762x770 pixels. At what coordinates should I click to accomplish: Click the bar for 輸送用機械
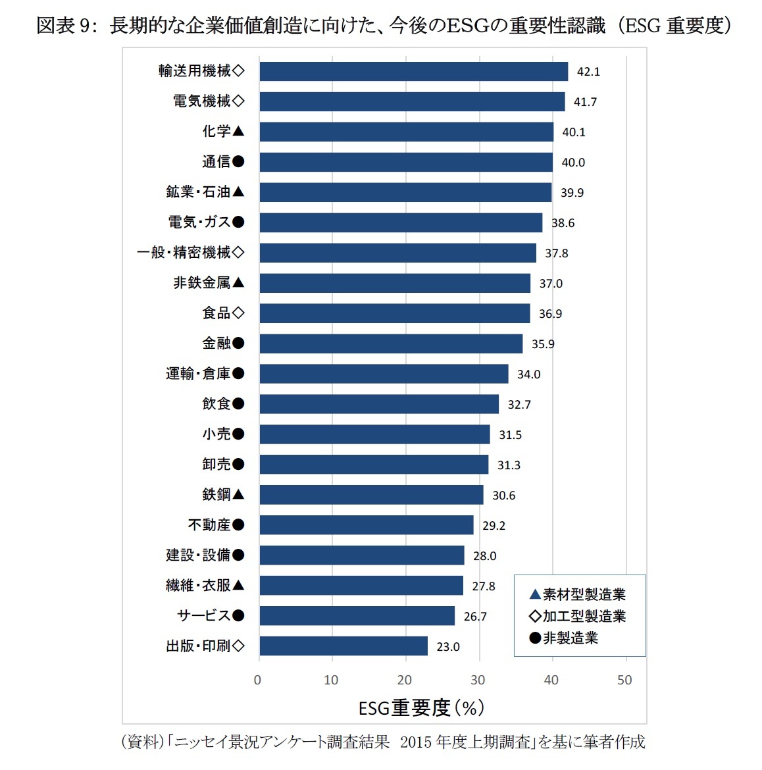point(413,71)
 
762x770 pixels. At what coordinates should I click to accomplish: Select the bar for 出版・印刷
point(343,646)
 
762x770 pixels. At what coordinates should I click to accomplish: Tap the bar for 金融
point(391,344)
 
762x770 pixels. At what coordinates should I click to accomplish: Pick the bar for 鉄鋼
point(371,495)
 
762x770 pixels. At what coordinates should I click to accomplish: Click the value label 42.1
point(588,72)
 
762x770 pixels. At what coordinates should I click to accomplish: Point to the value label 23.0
point(448,647)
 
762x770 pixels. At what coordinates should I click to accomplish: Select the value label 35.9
point(543,344)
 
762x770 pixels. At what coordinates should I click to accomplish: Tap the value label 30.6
point(503,496)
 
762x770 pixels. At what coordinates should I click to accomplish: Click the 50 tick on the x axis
point(624,680)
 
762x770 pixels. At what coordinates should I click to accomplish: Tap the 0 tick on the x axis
point(257,680)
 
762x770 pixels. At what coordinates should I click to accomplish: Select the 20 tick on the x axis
point(404,680)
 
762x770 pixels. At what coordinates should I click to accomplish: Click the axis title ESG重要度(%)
point(421,708)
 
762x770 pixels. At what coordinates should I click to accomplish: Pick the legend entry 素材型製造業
point(578,595)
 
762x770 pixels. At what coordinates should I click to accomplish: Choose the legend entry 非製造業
point(564,638)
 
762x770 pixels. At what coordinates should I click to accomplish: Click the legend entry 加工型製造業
point(578,617)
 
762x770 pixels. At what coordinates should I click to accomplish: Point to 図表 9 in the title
point(66,25)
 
